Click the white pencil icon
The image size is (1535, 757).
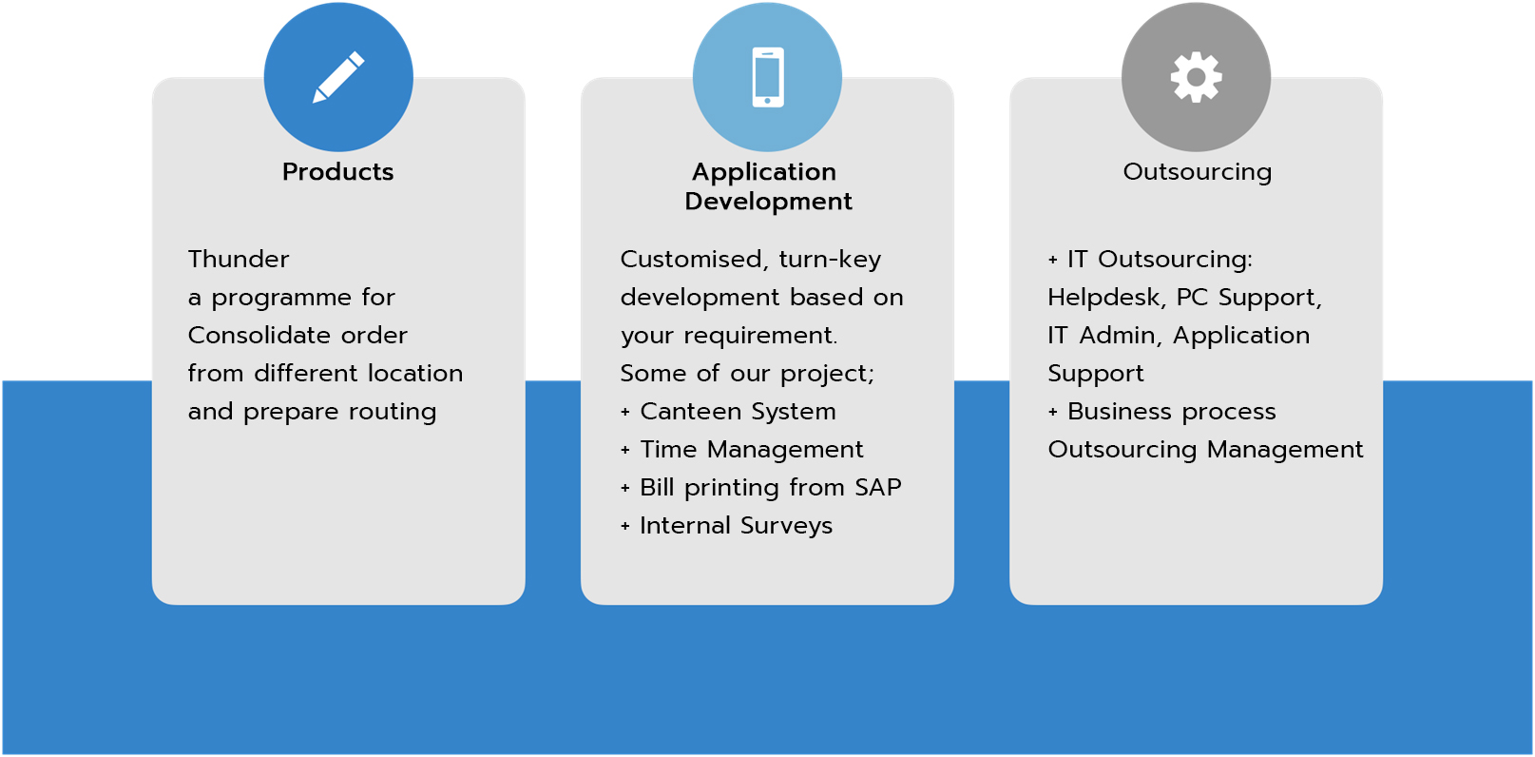coord(338,77)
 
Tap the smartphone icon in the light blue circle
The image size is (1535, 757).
coord(768,77)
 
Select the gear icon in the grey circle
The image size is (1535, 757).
coord(1197,77)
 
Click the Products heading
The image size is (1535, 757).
coord(337,172)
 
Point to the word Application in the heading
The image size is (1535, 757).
coord(764,172)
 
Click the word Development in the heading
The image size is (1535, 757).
coord(768,202)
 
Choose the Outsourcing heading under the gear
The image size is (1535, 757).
coord(1197,172)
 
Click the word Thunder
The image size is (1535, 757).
coord(239,260)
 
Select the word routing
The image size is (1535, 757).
coord(393,412)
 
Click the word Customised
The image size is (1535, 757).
coord(693,260)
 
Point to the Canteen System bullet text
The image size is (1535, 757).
coord(738,412)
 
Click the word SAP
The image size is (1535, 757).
coord(877,488)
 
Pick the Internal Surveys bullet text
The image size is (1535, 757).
coord(736,526)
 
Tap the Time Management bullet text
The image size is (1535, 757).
coord(751,450)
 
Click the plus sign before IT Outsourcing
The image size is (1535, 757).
coord(1053,260)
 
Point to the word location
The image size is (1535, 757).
coord(415,374)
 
